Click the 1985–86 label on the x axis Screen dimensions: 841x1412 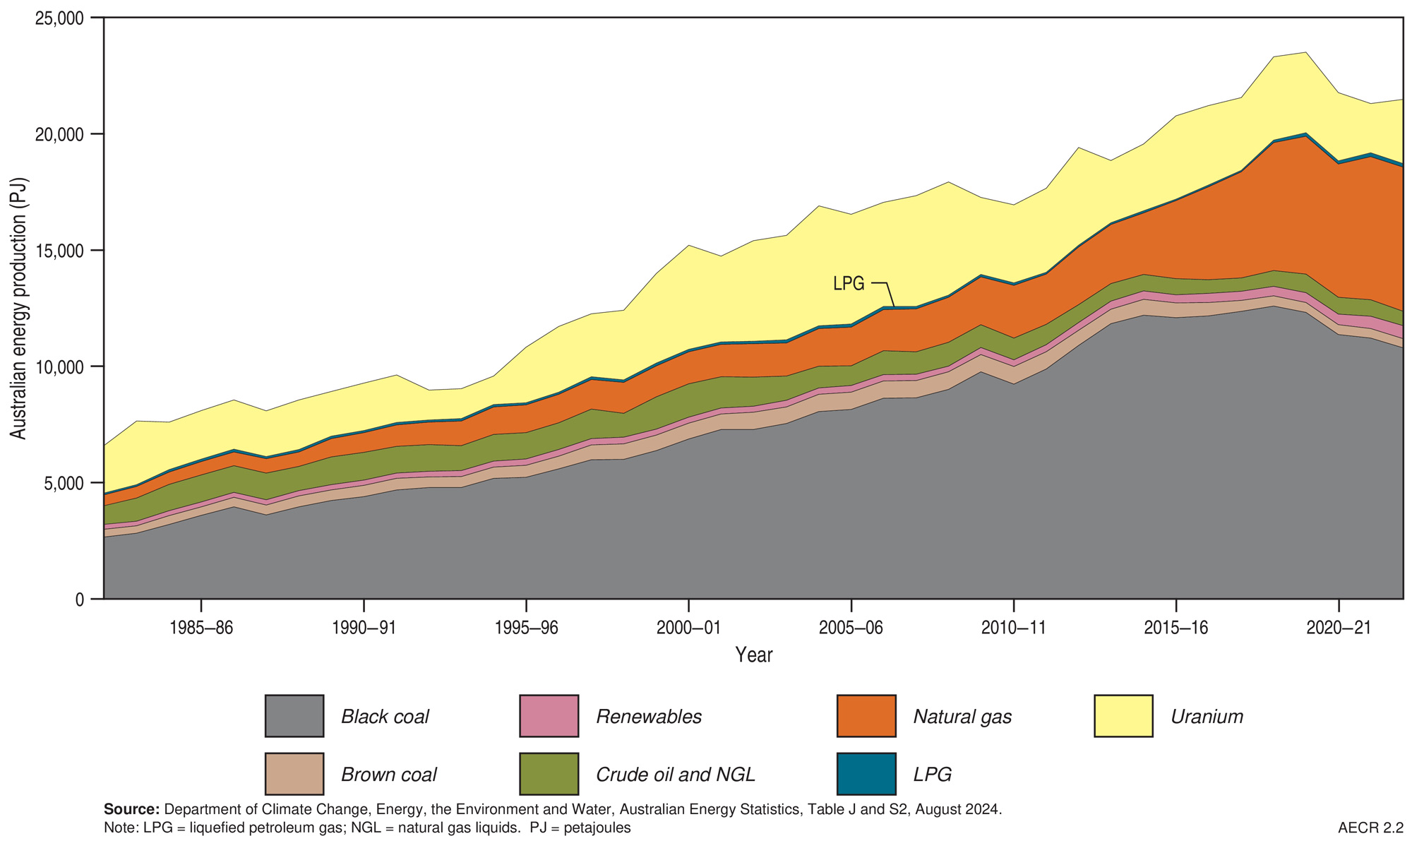point(201,628)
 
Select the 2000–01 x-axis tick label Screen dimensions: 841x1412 point(688,628)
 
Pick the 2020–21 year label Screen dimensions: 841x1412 point(1338,628)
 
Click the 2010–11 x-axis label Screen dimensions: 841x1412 point(1013,628)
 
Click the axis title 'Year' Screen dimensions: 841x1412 point(753,655)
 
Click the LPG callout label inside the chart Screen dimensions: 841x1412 point(849,284)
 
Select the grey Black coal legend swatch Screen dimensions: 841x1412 point(294,716)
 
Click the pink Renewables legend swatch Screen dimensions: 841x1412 point(549,716)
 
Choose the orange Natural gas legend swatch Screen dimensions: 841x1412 point(866,716)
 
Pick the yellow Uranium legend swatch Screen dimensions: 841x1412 point(1123,716)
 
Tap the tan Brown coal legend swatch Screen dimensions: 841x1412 point(294,774)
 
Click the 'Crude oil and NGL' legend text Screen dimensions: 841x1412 point(676,775)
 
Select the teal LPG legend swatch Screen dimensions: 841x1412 point(866,774)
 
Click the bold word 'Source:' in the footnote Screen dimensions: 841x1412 point(131,809)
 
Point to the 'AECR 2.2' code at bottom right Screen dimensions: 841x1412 point(1370,827)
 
